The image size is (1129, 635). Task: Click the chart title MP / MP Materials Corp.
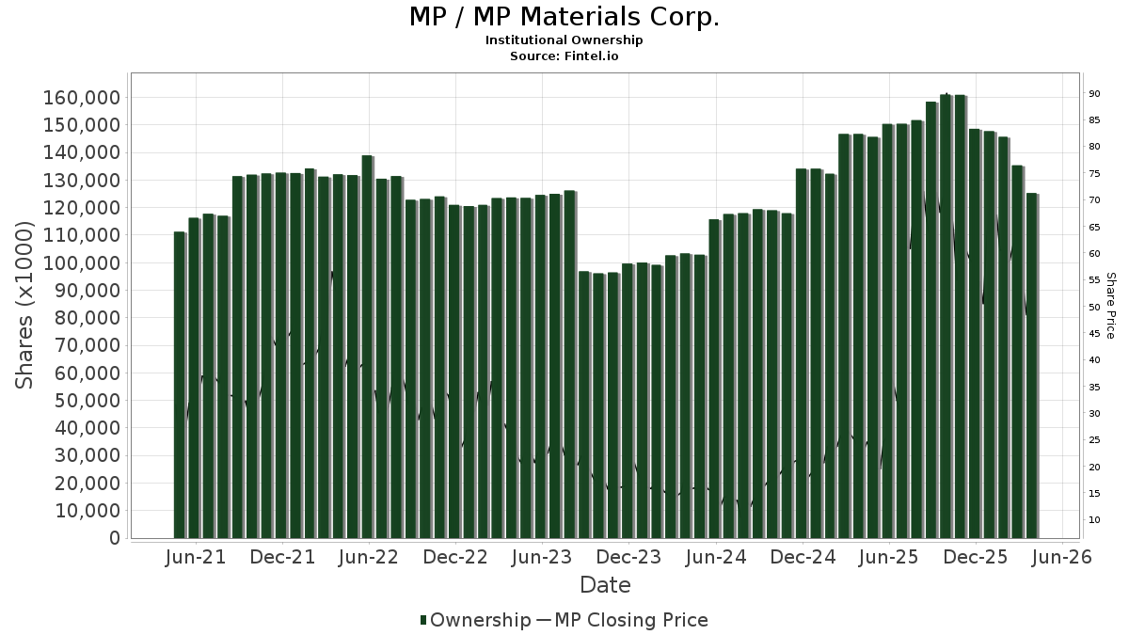(564, 18)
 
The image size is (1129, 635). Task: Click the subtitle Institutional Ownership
(564, 40)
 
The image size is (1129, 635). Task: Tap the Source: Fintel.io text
(564, 56)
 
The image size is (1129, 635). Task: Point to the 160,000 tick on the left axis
(80, 98)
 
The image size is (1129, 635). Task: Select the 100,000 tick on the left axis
(80, 263)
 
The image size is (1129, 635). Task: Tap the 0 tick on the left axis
(113, 538)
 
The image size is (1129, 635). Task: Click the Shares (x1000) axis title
(25, 305)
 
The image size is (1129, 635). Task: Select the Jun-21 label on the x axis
(196, 558)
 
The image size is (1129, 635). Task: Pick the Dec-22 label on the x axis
(455, 558)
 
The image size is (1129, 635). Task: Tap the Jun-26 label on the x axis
(1061, 558)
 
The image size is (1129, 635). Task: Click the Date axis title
(605, 585)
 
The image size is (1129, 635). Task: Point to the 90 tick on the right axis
(1095, 93)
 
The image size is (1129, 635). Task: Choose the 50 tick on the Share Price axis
(1095, 307)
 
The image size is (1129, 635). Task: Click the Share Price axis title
(1110, 305)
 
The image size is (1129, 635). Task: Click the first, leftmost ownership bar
(179, 385)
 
